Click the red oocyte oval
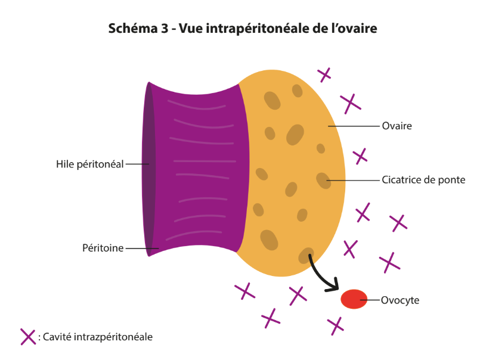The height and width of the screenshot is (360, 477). (354, 299)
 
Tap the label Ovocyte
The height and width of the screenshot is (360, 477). (400, 300)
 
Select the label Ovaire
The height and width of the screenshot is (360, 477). (397, 126)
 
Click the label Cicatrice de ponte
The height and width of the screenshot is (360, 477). (423, 179)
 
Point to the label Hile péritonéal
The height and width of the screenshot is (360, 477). (90, 164)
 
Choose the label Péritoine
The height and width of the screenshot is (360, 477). (103, 248)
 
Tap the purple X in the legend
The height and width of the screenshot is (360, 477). (28, 337)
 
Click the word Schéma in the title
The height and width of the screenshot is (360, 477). (132, 29)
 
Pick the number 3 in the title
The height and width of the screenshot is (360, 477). (164, 29)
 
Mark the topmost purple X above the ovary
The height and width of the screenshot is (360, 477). (324, 75)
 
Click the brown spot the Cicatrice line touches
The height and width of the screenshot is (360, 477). (323, 180)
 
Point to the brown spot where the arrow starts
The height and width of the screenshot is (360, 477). (306, 255)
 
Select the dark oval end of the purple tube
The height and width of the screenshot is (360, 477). (148, 169)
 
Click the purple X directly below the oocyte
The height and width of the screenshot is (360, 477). (336, 326)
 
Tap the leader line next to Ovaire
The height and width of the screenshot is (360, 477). (354, 126)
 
